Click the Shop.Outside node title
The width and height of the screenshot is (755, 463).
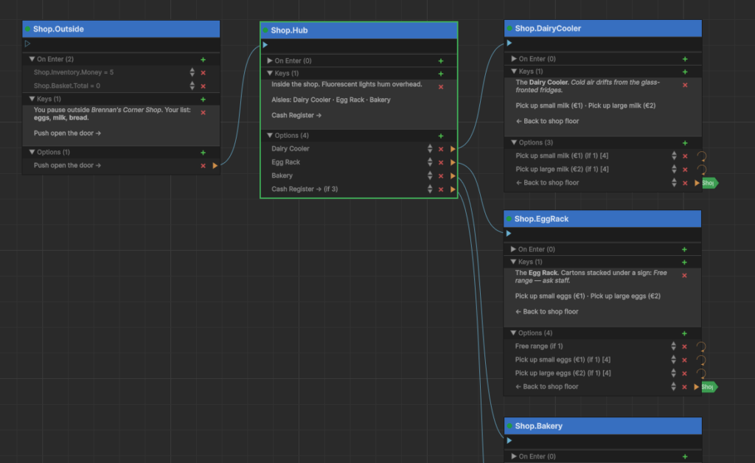(x=58, y=29)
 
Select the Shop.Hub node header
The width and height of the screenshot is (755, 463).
(x=359, y=30)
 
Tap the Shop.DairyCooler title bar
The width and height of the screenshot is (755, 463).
(x=603, y=29)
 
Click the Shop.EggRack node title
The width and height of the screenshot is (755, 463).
(x=541, y=219)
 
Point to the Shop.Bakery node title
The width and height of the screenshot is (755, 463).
(x=538, y=426)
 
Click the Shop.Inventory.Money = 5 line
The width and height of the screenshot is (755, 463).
(x=74, y=72)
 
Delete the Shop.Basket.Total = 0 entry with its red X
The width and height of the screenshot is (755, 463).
(x=203, y=86)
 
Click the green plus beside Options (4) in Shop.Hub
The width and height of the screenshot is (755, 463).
(x=441, y=136)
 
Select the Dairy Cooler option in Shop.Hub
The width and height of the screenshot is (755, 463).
(x=290, y=149)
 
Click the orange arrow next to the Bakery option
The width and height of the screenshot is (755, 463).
(x=453, y=176)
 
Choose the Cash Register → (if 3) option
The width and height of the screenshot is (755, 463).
(x=305, y=189)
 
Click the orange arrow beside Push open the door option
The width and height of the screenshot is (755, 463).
(x=215, y=166)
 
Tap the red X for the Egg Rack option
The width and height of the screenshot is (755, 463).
(x=441, y=163)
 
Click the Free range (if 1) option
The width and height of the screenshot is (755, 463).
(x=539, y=346)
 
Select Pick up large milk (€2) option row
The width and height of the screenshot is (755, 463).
(x=562, y=169)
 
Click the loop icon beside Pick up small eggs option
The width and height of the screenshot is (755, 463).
(x=701, y=360)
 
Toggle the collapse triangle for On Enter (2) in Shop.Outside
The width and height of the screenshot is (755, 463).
(x=32, y=59)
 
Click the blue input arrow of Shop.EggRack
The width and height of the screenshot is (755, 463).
(x=509, y=234)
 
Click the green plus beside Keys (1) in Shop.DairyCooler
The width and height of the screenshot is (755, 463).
(x=685, y=72)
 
